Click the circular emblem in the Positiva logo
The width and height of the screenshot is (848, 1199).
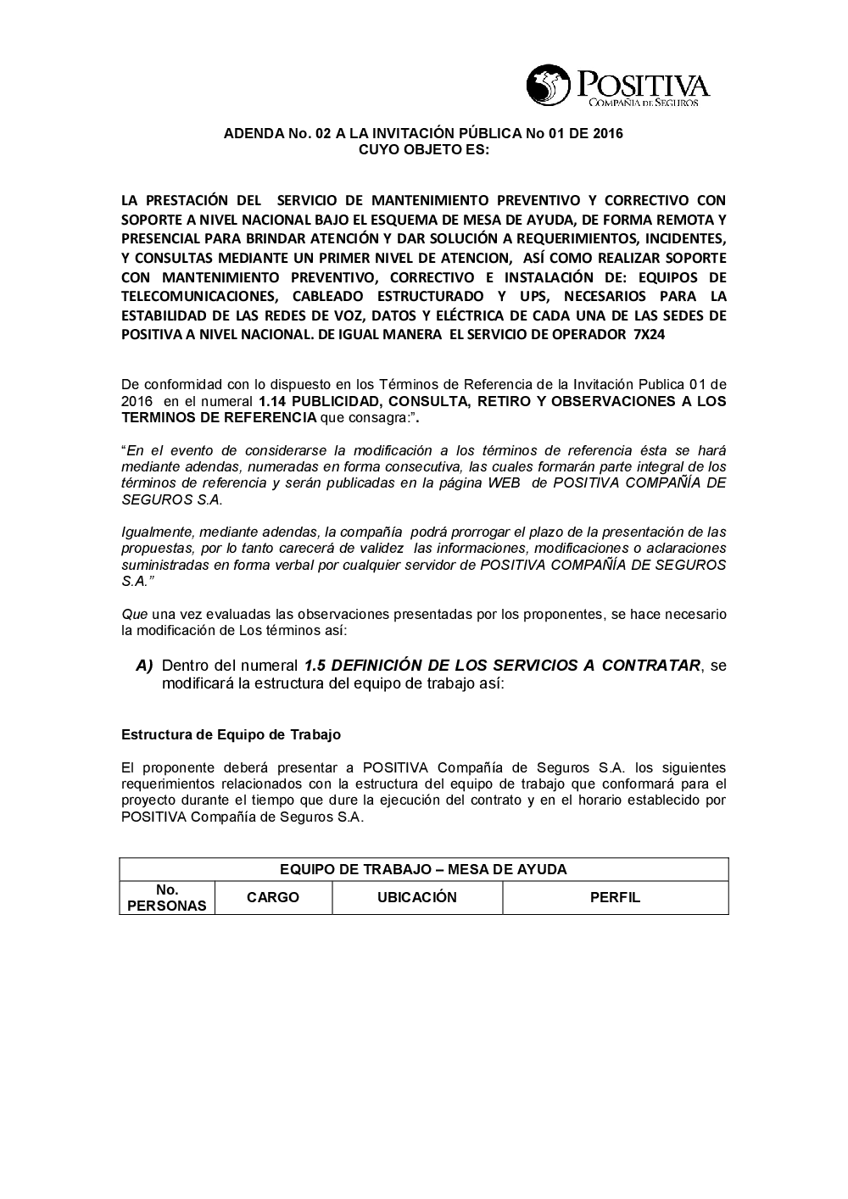pos(549,86)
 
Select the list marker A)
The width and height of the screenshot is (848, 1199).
pos(144,666)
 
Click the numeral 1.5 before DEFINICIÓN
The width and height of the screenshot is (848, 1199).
pos(315,666)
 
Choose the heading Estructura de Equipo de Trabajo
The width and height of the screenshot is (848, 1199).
pos(231,734)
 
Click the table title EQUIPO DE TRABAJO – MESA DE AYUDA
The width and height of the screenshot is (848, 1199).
pos(423,869)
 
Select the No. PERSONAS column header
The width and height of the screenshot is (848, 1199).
pos(167,898)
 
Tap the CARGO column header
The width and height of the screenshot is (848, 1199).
pos(273,897)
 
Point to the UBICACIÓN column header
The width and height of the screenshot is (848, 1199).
pos(416,897)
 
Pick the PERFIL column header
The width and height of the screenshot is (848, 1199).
pos(615,897)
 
